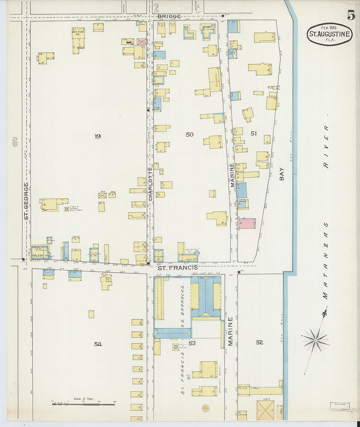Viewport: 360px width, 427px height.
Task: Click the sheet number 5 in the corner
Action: point(351,15)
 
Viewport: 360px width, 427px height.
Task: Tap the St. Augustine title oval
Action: point(330,34)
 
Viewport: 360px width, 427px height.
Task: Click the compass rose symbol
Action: point(315,340)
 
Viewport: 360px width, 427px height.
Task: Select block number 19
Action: point(98,136)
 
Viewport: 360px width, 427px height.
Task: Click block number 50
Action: point(189,134)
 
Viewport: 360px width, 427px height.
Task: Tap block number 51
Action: point(254,133)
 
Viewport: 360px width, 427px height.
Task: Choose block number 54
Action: point(98,344)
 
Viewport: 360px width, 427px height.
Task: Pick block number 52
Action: point(260,342)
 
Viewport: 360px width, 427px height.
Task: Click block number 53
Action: point(192,343)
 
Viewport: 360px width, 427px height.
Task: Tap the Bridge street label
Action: point(169,16)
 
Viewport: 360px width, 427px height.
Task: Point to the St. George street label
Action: point(26,201)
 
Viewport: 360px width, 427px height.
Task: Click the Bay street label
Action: point(281,174)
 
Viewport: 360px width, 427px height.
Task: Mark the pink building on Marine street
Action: point(247,223)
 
